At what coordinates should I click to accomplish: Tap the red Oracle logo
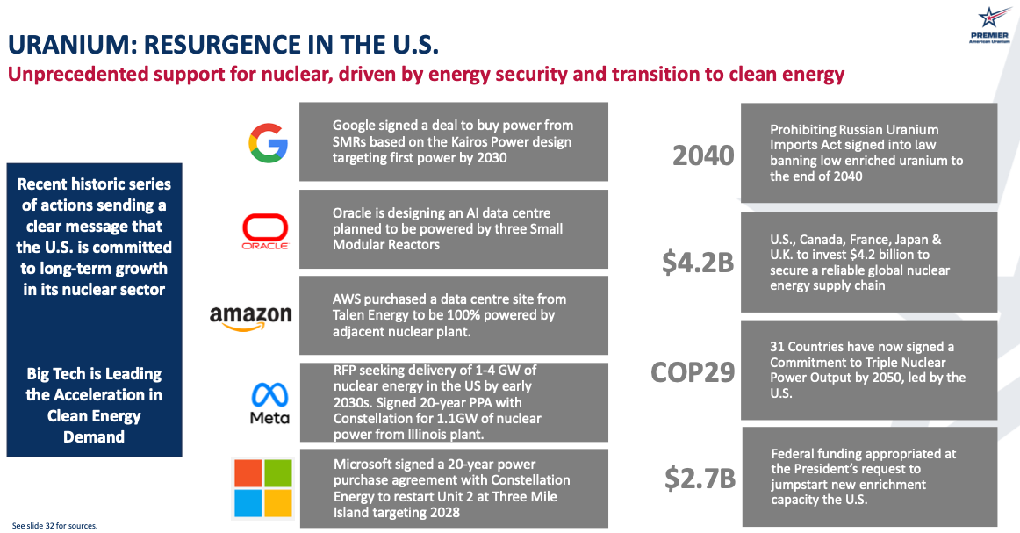click(265, 232)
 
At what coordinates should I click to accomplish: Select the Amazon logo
click(250, 316)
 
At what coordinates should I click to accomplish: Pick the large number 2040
click(702, 155)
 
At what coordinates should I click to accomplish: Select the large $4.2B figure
click(698, 263)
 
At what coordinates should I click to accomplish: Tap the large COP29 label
click(692, 372)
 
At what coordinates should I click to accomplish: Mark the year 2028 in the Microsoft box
click(442, 513)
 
